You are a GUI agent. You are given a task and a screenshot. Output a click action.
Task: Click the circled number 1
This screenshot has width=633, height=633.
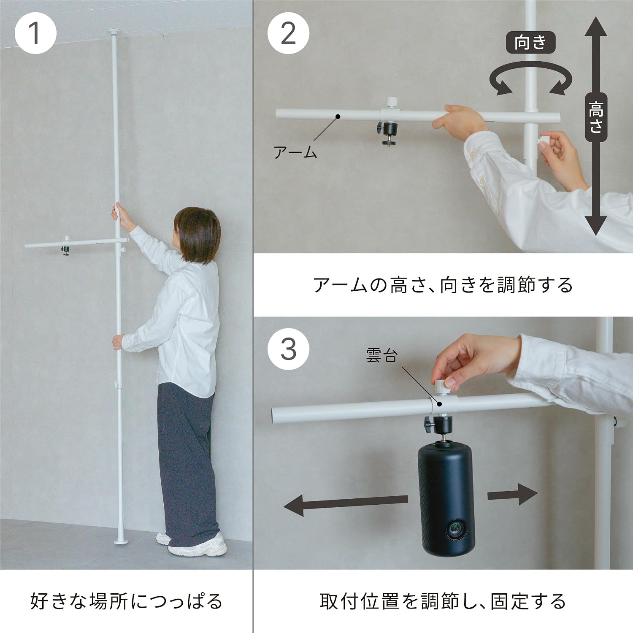[x=35, y=33]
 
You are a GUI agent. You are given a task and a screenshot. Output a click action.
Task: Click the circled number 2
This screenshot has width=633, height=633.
[x=288, y=33]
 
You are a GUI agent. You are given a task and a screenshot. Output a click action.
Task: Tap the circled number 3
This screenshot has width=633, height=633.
[x=288, y=349]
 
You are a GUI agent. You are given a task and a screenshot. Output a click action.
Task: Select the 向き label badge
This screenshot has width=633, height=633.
[x=530, y=43]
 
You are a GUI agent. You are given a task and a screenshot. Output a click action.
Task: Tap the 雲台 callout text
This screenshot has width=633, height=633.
[x=381, y=355]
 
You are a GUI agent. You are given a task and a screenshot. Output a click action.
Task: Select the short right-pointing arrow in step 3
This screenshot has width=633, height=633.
[x=512, y=494]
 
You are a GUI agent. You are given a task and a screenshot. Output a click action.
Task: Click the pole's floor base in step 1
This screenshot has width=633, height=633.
[x=121, y=541]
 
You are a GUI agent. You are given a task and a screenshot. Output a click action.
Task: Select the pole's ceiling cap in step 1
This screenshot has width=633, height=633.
[x=114, y=32]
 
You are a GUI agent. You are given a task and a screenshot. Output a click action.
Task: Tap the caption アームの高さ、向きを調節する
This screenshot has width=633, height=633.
[x=443, y=285]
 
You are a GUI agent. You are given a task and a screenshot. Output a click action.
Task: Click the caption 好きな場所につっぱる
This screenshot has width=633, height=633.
[x=126, y=601]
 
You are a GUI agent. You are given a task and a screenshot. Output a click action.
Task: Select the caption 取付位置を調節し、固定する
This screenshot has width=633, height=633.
[x=443, y=601]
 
